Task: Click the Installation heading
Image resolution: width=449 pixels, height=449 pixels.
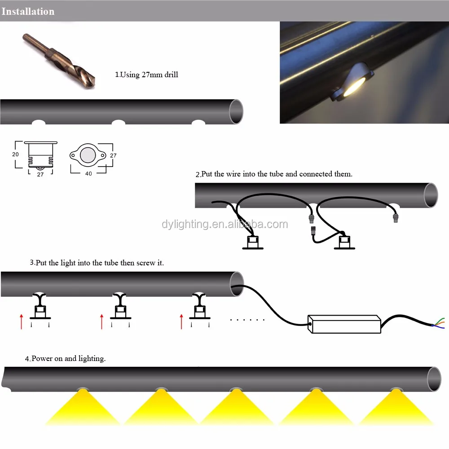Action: pos(28,11)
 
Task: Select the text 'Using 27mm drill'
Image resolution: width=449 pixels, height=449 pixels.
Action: pos(146,75)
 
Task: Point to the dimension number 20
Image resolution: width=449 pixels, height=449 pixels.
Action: pos(16,154)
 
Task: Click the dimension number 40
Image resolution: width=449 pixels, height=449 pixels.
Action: pos(88,173)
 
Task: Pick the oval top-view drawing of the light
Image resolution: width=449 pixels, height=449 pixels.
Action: pos(88,155)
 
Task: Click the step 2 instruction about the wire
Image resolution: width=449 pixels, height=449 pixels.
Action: pos(274,174)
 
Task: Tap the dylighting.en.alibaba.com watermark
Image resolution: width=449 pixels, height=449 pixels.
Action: pos(224,224)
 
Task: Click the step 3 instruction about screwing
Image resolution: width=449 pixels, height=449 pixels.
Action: pos(97,263)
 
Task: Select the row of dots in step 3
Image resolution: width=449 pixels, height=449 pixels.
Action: pos(247,320)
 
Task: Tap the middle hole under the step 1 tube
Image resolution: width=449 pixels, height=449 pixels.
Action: pos(119,122)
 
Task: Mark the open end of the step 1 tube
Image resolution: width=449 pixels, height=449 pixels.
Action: pos(236,111)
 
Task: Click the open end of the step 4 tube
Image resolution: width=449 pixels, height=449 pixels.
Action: pos(434,379)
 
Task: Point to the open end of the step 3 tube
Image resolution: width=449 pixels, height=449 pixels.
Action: pos(236,284)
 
